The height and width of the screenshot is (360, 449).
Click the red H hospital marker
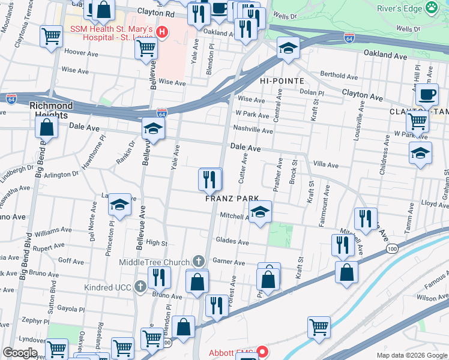click(161, 30)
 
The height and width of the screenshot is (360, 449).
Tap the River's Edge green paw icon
click(431, 8)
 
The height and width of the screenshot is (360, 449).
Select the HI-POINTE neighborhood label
click(282, 80)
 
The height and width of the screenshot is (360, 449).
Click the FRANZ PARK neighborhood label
click(232, 199)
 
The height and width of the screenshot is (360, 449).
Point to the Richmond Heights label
click(51, 110)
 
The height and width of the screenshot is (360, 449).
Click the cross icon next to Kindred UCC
click(140, 286)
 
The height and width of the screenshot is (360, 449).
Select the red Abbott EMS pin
click(261, 352)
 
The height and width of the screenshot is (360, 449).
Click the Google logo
click(20, 353)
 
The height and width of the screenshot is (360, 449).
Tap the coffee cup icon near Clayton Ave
click(427, 94)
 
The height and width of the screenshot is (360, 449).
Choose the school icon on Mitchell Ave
click(260, 212)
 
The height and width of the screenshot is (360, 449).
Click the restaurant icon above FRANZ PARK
click(209, 179)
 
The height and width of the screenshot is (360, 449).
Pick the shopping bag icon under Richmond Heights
click(47, 127)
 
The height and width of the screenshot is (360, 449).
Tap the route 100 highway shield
click(392, 248)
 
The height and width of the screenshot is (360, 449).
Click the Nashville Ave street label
click(249, 128)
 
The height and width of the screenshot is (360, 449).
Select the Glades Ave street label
click(232, 242)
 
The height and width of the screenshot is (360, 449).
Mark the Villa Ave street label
click(326, 165)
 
